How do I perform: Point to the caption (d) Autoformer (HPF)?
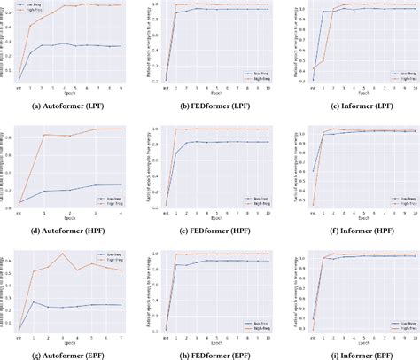click(x=72, y=232)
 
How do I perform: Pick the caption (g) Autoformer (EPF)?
click(x=72, y=353)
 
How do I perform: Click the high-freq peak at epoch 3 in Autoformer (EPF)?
click(x=62, y=254)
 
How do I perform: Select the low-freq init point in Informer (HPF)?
click(x=313, y=171)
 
